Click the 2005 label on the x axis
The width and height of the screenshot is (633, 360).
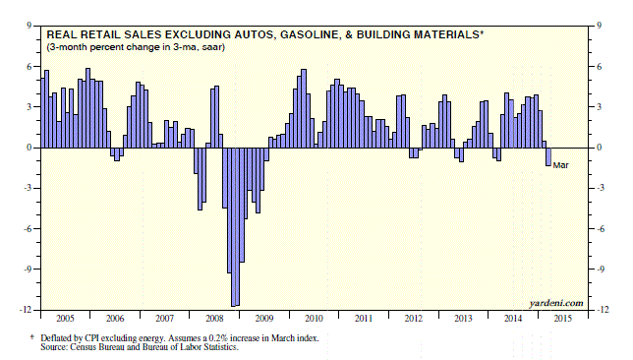(x=65, y=319)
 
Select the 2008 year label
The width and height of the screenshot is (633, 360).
(x=214, y=319)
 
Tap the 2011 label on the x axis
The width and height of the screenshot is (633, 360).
(x=364, y=319)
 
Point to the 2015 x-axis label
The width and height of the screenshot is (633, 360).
(x=563, y=319)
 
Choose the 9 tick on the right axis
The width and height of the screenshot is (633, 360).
(x=600, y=26)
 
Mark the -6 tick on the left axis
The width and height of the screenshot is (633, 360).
(x=28, y=228)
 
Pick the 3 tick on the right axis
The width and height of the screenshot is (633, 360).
(x=600, y=107)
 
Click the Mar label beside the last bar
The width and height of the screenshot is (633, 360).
(x=560, y=165)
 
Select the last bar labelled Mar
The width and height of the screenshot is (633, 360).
(x=548, y=156)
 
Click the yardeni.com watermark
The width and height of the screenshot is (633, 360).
(x=556, y=303)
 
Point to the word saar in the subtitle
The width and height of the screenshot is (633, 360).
(x=212, y=47)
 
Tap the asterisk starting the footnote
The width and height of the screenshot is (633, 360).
(x=32, y=336)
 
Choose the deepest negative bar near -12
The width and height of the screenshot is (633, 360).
(x=233, y=226)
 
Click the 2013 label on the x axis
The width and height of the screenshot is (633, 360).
(x=463, y=319)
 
